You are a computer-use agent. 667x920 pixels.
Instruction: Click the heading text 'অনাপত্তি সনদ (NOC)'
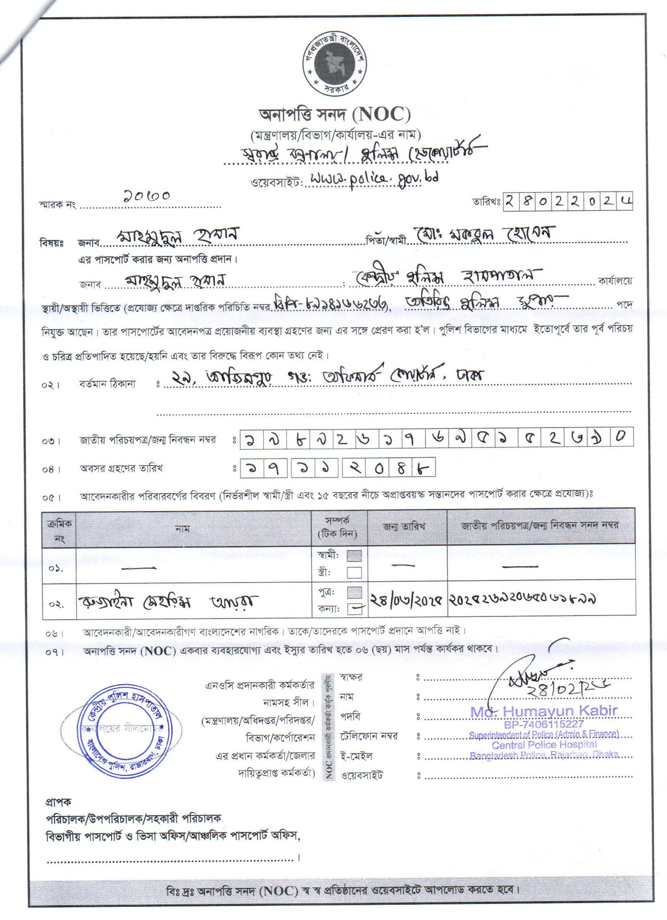pos(334,115)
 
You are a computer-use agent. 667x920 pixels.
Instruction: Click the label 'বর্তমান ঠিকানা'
pos(107,384)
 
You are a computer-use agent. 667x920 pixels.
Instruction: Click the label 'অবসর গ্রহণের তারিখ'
pos(121,468)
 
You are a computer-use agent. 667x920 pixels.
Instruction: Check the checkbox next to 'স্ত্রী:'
pos(354,573)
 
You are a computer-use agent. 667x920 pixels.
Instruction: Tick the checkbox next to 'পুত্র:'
pos(355,592)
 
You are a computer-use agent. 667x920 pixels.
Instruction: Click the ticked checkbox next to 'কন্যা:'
pos(355,608)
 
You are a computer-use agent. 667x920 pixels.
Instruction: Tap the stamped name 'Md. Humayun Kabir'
pos(543,711)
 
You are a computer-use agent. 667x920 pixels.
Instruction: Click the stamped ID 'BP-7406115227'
pos(543,724)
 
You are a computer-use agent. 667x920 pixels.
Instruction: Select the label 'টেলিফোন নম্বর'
pos(369,736)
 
